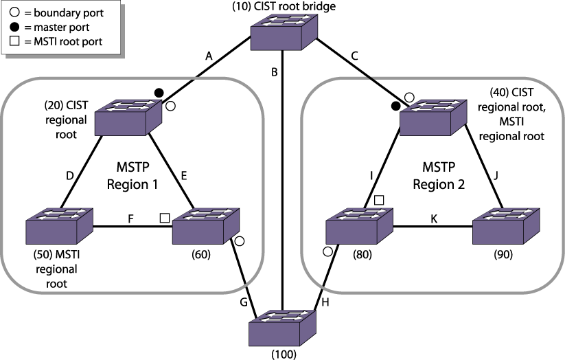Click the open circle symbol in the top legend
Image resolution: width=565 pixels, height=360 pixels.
(14, 13)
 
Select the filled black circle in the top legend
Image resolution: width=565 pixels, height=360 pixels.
(14, 27)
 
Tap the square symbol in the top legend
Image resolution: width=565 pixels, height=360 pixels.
(14, 42)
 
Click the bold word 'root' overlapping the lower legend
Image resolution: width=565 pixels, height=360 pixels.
(57, 284)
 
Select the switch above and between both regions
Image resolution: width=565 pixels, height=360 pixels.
(284, 32)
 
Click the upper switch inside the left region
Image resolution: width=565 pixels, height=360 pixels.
(128, 117)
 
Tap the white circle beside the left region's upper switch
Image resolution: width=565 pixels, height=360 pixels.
(170, 106)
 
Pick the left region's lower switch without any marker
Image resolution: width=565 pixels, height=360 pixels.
(59, 226)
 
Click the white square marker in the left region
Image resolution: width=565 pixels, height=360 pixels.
(165, 218)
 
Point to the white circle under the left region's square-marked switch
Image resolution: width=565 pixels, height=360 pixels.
(239, 241)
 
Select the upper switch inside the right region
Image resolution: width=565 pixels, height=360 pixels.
(433, 117)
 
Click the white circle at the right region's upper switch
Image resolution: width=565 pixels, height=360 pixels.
(409, 98)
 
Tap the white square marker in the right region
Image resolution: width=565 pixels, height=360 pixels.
(379, 200)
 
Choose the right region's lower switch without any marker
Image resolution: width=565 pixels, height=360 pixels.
(505, 226)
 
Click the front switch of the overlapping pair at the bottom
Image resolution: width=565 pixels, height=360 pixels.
(282, 328)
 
